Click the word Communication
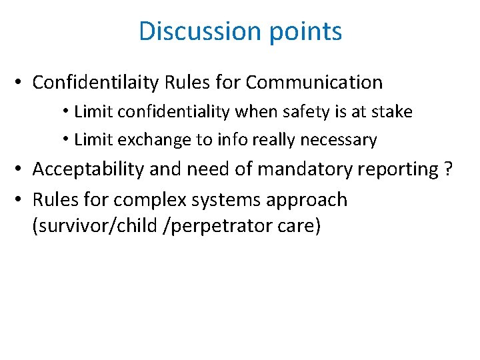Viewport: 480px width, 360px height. pyautogui.click(x=314, y=83)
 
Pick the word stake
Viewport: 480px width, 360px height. pyautogui.click(x=393, y=112)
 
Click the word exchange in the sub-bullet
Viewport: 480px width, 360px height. pyautogui.click(x=143, y=140)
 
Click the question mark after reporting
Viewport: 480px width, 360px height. pyautogui.click(x=448, y=169)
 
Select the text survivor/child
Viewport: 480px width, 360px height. pyautogui.click(x=97, y=227)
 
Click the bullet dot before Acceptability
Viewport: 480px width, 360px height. pyautogui.click(x=21, y=169)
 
